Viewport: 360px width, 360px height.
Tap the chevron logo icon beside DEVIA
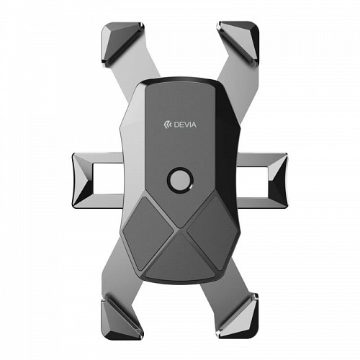tap(168, 125)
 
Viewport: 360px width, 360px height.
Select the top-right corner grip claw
tap(239, 43)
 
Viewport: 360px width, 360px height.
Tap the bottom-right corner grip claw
tap(238, 316)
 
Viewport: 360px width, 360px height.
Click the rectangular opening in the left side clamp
tap(108, 179)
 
